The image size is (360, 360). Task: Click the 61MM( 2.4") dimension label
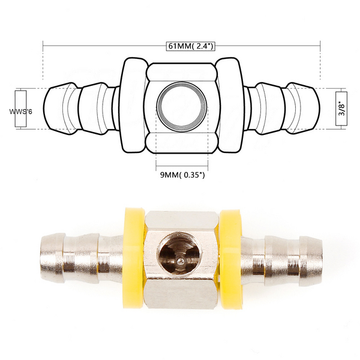click(182, 45)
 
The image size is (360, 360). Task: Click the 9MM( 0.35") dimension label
click(182, 175)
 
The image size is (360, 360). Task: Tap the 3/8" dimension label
click(342, 108)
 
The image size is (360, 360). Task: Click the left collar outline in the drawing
click(134, 107)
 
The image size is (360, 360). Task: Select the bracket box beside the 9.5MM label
click(22, 109)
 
